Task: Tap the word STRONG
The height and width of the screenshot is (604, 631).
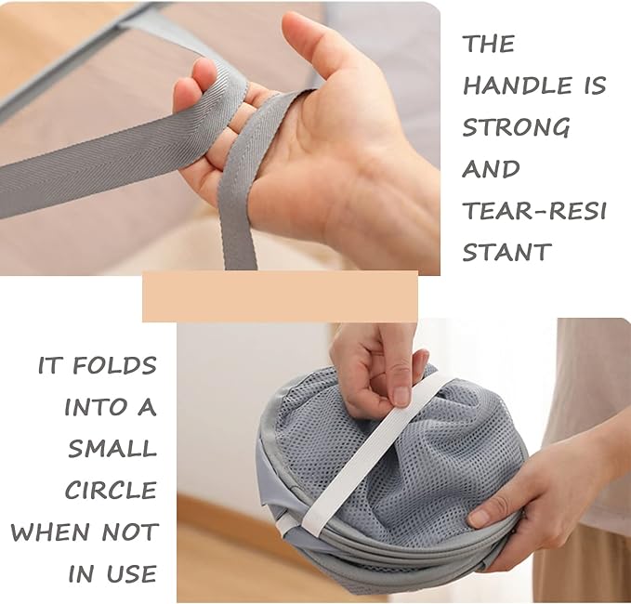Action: tap(516, 126)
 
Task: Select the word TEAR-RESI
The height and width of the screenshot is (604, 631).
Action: tap(534, 210)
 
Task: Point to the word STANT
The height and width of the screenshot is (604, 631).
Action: tap(506, 252)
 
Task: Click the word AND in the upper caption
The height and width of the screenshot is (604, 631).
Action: tap(491, 168)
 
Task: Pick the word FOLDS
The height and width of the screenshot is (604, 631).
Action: tap(114, 365)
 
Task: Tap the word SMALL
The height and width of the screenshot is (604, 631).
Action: tap(112, 448)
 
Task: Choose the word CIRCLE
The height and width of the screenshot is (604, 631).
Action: tap(111, 490)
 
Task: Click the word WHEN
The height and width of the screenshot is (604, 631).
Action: tap(50, 532)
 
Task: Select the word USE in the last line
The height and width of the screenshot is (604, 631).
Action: tap(131, 573)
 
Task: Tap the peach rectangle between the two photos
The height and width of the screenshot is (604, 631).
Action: tap(280, 296)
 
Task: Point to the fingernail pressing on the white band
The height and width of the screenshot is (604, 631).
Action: tap(401, 396)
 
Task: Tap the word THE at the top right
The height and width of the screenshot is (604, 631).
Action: tap(489, 44)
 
